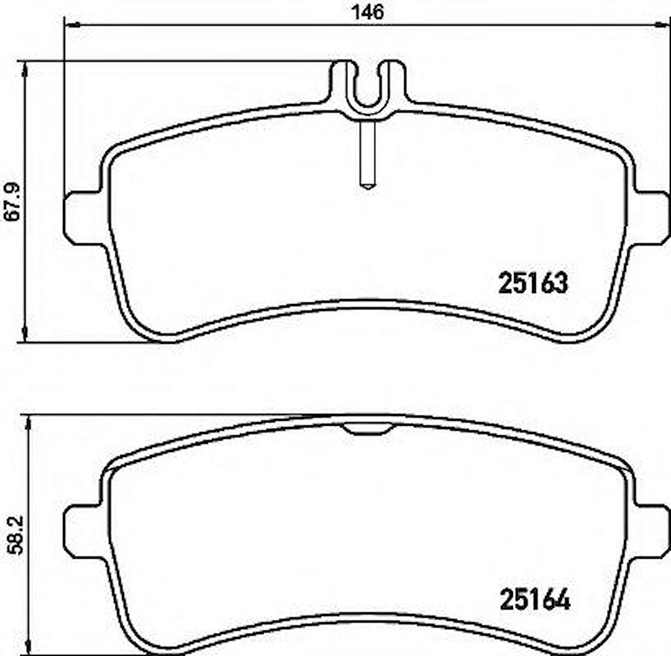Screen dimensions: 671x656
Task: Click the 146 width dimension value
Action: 368,12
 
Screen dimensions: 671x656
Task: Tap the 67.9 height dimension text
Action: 13,202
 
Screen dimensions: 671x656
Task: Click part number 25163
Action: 533,283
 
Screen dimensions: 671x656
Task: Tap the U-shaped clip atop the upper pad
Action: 368,88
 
